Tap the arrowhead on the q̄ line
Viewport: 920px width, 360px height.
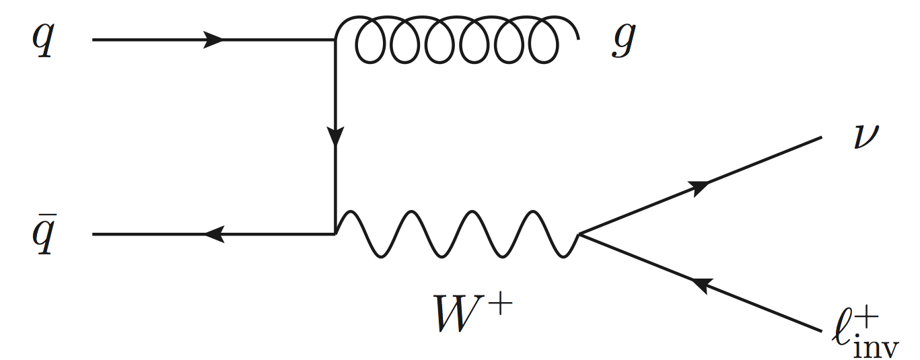[x=213, y=235]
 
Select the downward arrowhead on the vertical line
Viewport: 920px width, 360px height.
[x=334, y=138]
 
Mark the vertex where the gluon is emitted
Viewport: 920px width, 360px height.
[x=334, y=40]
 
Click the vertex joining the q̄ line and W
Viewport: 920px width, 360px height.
[x=334, y=235]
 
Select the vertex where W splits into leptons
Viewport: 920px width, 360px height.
[x=579, y=235]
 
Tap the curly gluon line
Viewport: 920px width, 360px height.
[x=458, y=40]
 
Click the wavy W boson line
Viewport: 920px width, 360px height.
[x=458, y=235]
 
